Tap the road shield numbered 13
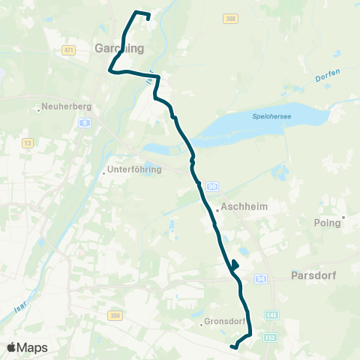(28, 142)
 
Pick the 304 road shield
(115, 316)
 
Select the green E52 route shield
(271, 337)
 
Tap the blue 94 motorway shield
(260, 277)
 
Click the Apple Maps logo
(27, 347)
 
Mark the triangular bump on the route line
(235, 265)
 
